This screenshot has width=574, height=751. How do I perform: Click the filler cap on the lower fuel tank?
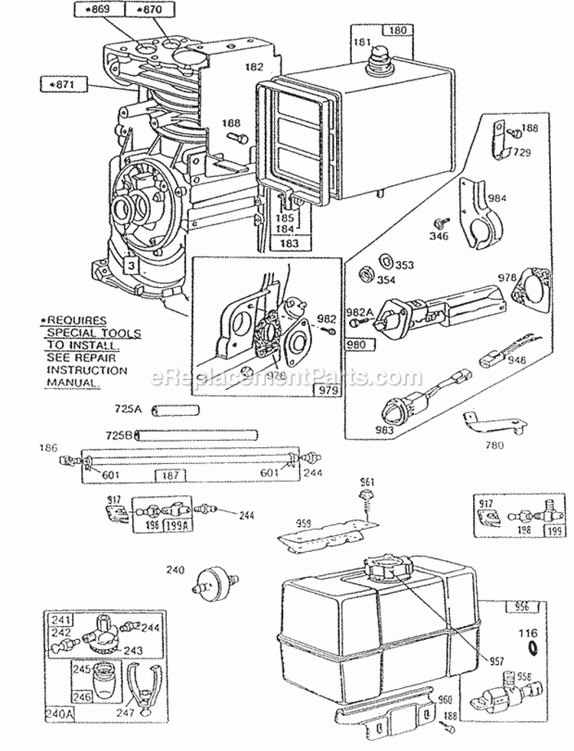[386, 571]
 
